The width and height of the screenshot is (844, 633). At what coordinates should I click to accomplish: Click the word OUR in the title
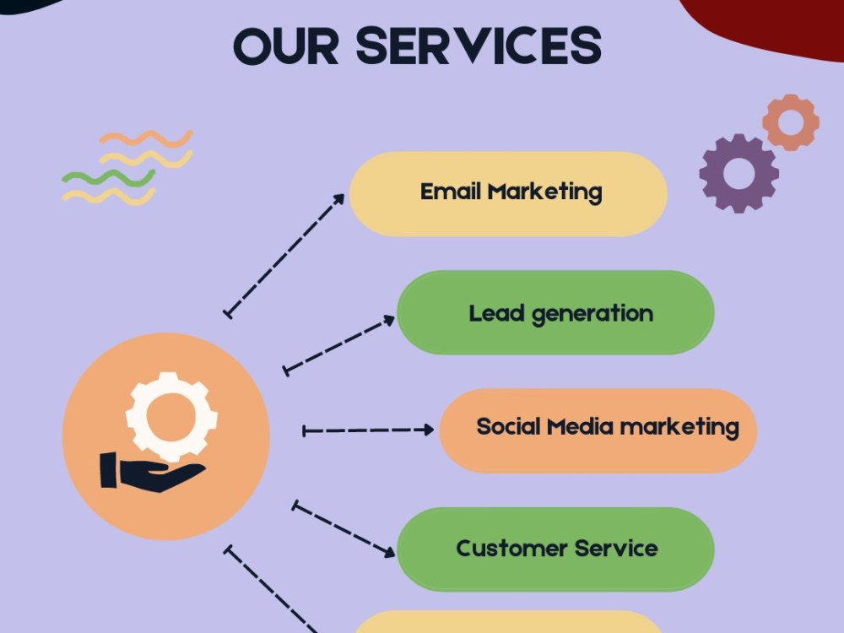click(x=286, y=46)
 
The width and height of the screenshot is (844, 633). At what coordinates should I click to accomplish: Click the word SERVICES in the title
click(x=479, y=46)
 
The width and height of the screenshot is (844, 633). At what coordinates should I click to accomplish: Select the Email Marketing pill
click(x=508, y=194)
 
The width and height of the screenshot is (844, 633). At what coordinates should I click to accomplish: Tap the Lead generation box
click(x=555, y=313)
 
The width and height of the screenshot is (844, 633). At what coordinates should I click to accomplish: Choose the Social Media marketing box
click(x=598, y=430)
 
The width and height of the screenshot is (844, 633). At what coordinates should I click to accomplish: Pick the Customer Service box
click(x=555, y=549)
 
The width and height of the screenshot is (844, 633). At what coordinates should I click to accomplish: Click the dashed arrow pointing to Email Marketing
click(x=284, y=257)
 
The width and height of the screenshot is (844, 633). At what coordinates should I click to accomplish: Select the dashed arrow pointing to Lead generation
click(x=339, y=345)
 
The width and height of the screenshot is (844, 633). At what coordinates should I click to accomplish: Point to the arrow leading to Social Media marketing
click(x=368, y=430)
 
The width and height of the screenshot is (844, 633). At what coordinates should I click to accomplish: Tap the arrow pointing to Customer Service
click(x=344, y=530)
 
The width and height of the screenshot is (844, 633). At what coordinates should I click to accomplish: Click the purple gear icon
click(x=738, y=174)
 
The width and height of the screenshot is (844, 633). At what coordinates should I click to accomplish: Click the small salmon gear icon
click(x=791, y=122)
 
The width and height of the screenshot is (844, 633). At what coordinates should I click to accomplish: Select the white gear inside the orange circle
click(x=171, y=417)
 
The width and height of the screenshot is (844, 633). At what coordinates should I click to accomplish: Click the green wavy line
click(x=108, y=178)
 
